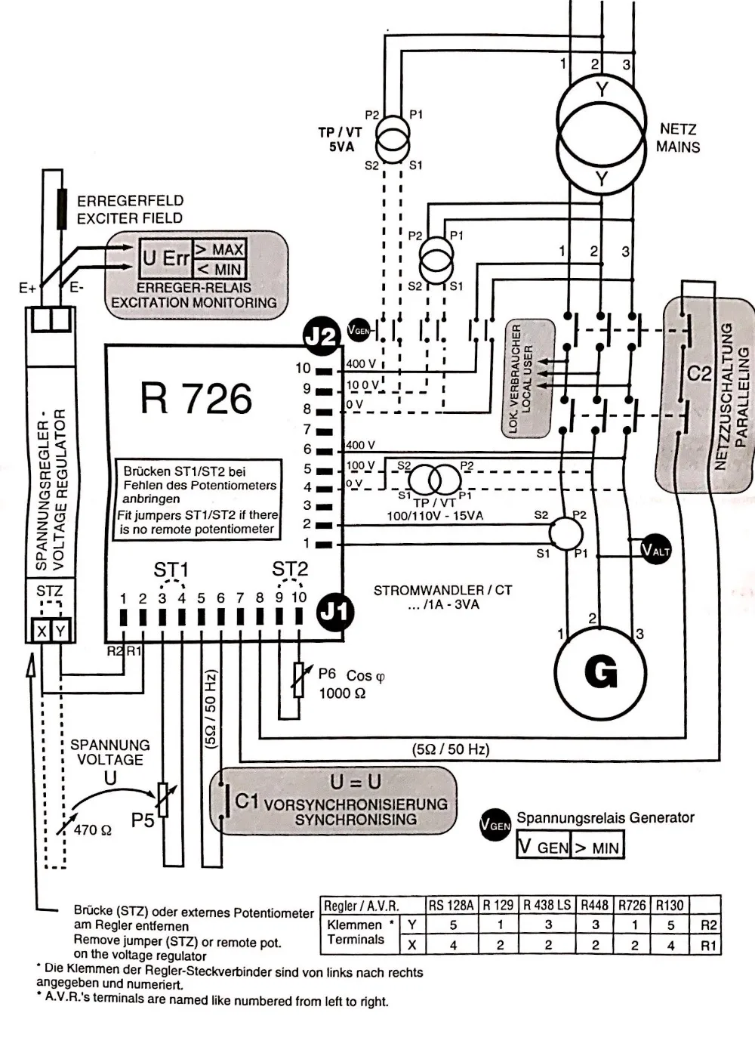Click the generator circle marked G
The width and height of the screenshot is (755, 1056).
[x=600, y=672]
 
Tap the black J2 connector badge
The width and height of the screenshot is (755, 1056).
[x=322, y=336]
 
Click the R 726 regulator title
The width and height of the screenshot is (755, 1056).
[x=196, y=398]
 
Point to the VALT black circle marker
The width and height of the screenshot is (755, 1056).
[x=655, y=550]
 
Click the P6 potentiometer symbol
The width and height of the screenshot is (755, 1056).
[x=299, y=679]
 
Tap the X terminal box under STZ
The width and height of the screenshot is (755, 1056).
[x=42, y=630]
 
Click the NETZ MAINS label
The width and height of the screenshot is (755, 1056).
[x=677, y=138]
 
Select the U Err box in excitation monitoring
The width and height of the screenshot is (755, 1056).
[x=165, y=258]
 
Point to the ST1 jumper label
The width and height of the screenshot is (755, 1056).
[x=171, y=570]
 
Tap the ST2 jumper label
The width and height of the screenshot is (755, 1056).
[x=290, y=569]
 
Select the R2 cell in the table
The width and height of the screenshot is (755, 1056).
[x=708, y=925]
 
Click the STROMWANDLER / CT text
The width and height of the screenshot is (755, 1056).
[x=442, y=590]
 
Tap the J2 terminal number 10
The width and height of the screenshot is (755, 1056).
[x=303, y=369]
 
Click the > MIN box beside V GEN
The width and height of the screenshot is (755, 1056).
[x=597, y=848]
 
